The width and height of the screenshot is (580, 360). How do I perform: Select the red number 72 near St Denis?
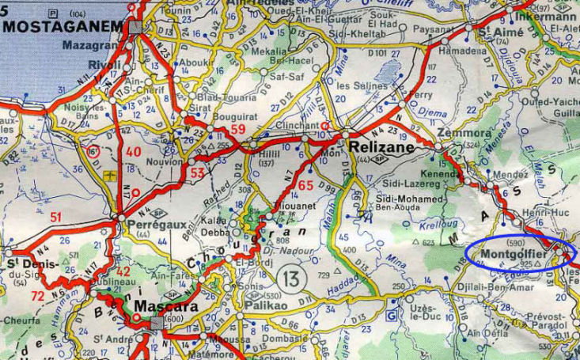(x=37, y=296)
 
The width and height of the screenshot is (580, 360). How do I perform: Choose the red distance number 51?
(x=56, y=218)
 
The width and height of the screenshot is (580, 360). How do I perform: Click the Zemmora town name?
(x=454, y=135)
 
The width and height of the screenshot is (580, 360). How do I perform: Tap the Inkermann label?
(x=545, y=17)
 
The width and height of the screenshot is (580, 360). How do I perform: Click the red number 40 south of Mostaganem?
(x=133, y=152)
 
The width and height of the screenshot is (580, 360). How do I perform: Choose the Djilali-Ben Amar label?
(x=480, y=288)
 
